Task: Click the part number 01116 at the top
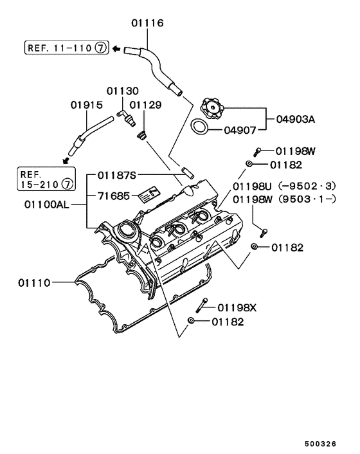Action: [x=148, y=23]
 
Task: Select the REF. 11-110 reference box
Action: [x=66, y=48]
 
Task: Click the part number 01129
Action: [x=145, y=104]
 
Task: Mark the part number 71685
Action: [x=114, y=194]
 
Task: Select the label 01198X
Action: [x=237, y=307]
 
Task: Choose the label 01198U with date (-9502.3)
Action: [x=283, y=186]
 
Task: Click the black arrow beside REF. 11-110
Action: [x=116, y=48]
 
